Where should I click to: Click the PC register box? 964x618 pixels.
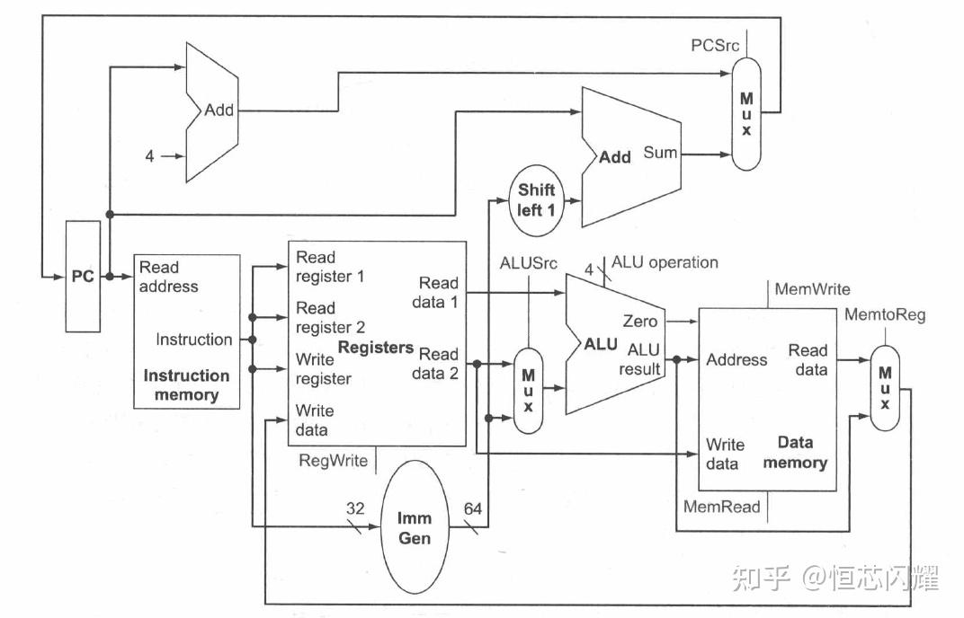click(x=83, y=276)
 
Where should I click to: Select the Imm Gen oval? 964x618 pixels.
click(x=414, y=528)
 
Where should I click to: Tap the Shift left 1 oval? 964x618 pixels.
click(x=537, y=200)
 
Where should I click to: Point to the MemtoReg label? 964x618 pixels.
click(x=884, y=314)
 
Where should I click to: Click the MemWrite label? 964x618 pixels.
click(x=811, y=289)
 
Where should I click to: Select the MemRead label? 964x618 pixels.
click(x=721, y=507)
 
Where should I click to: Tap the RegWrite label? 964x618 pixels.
click(x=333, y=461)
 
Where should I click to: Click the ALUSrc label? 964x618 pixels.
click(x=528, y=263)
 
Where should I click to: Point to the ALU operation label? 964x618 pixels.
click(x=665, y=262)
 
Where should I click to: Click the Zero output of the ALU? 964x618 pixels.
click(x=639, y=322)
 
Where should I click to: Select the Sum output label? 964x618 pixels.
click(x=660, y=153)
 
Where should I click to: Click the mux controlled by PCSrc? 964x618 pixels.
click(x=745, y=115)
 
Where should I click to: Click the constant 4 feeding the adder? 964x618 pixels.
click(x=150, y=156)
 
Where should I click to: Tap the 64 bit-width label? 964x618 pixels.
click(x=473, y=510)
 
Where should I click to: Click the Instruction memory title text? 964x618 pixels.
click(x=186, y=385)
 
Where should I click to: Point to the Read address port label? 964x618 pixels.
click(x=168, y=277)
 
